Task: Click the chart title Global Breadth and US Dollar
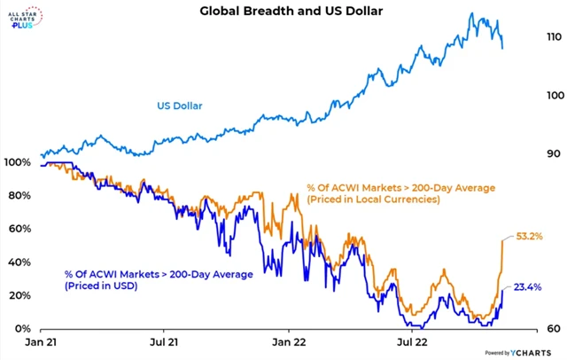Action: coord(290,12)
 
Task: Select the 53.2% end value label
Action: coord(530,237)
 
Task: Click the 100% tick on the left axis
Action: coord(18,163)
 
